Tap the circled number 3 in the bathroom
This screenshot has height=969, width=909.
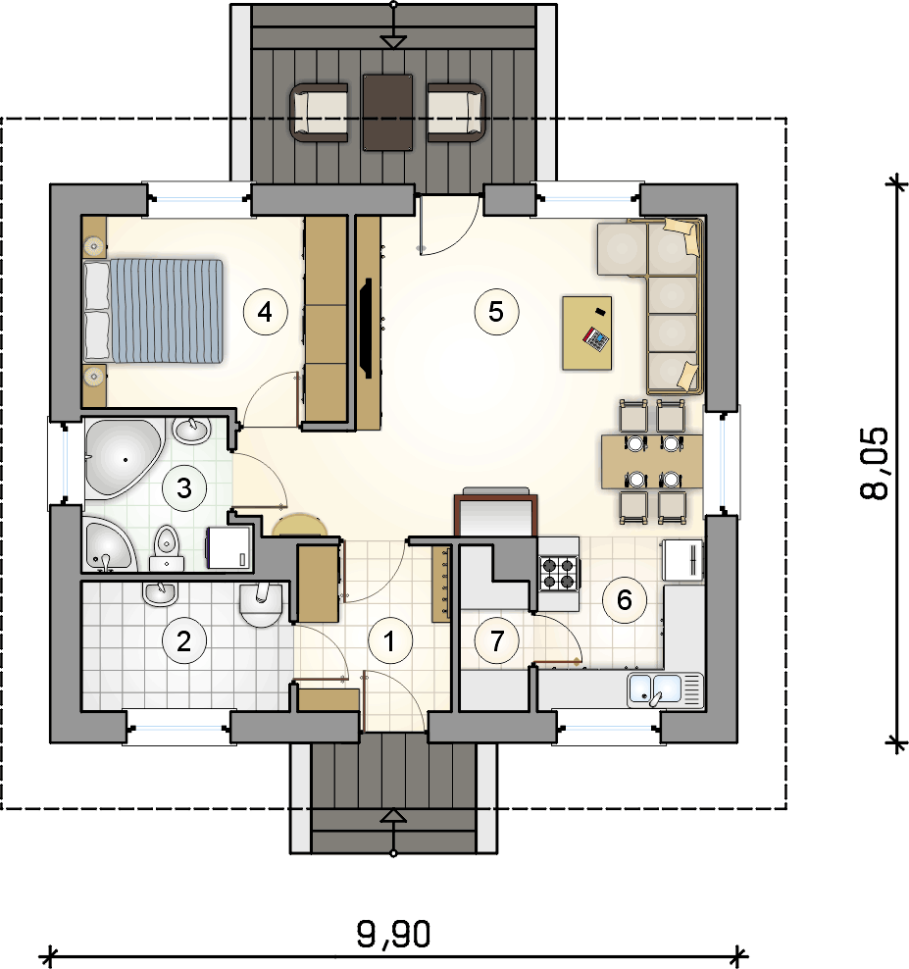(182, 487)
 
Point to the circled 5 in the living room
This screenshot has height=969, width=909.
(495, 311)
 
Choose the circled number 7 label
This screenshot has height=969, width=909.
(497, 641)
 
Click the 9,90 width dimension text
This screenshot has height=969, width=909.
(393, 935)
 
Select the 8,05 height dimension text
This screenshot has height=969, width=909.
(876, 463)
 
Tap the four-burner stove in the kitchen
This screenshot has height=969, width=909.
(558, 574)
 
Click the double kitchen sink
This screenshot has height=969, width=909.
(665, 689)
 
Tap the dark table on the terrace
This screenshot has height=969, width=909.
(387, 112)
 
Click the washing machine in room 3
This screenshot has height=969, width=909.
(229, 547)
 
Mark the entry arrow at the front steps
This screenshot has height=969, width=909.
(393, 817)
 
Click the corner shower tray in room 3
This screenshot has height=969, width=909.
(105, 544)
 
